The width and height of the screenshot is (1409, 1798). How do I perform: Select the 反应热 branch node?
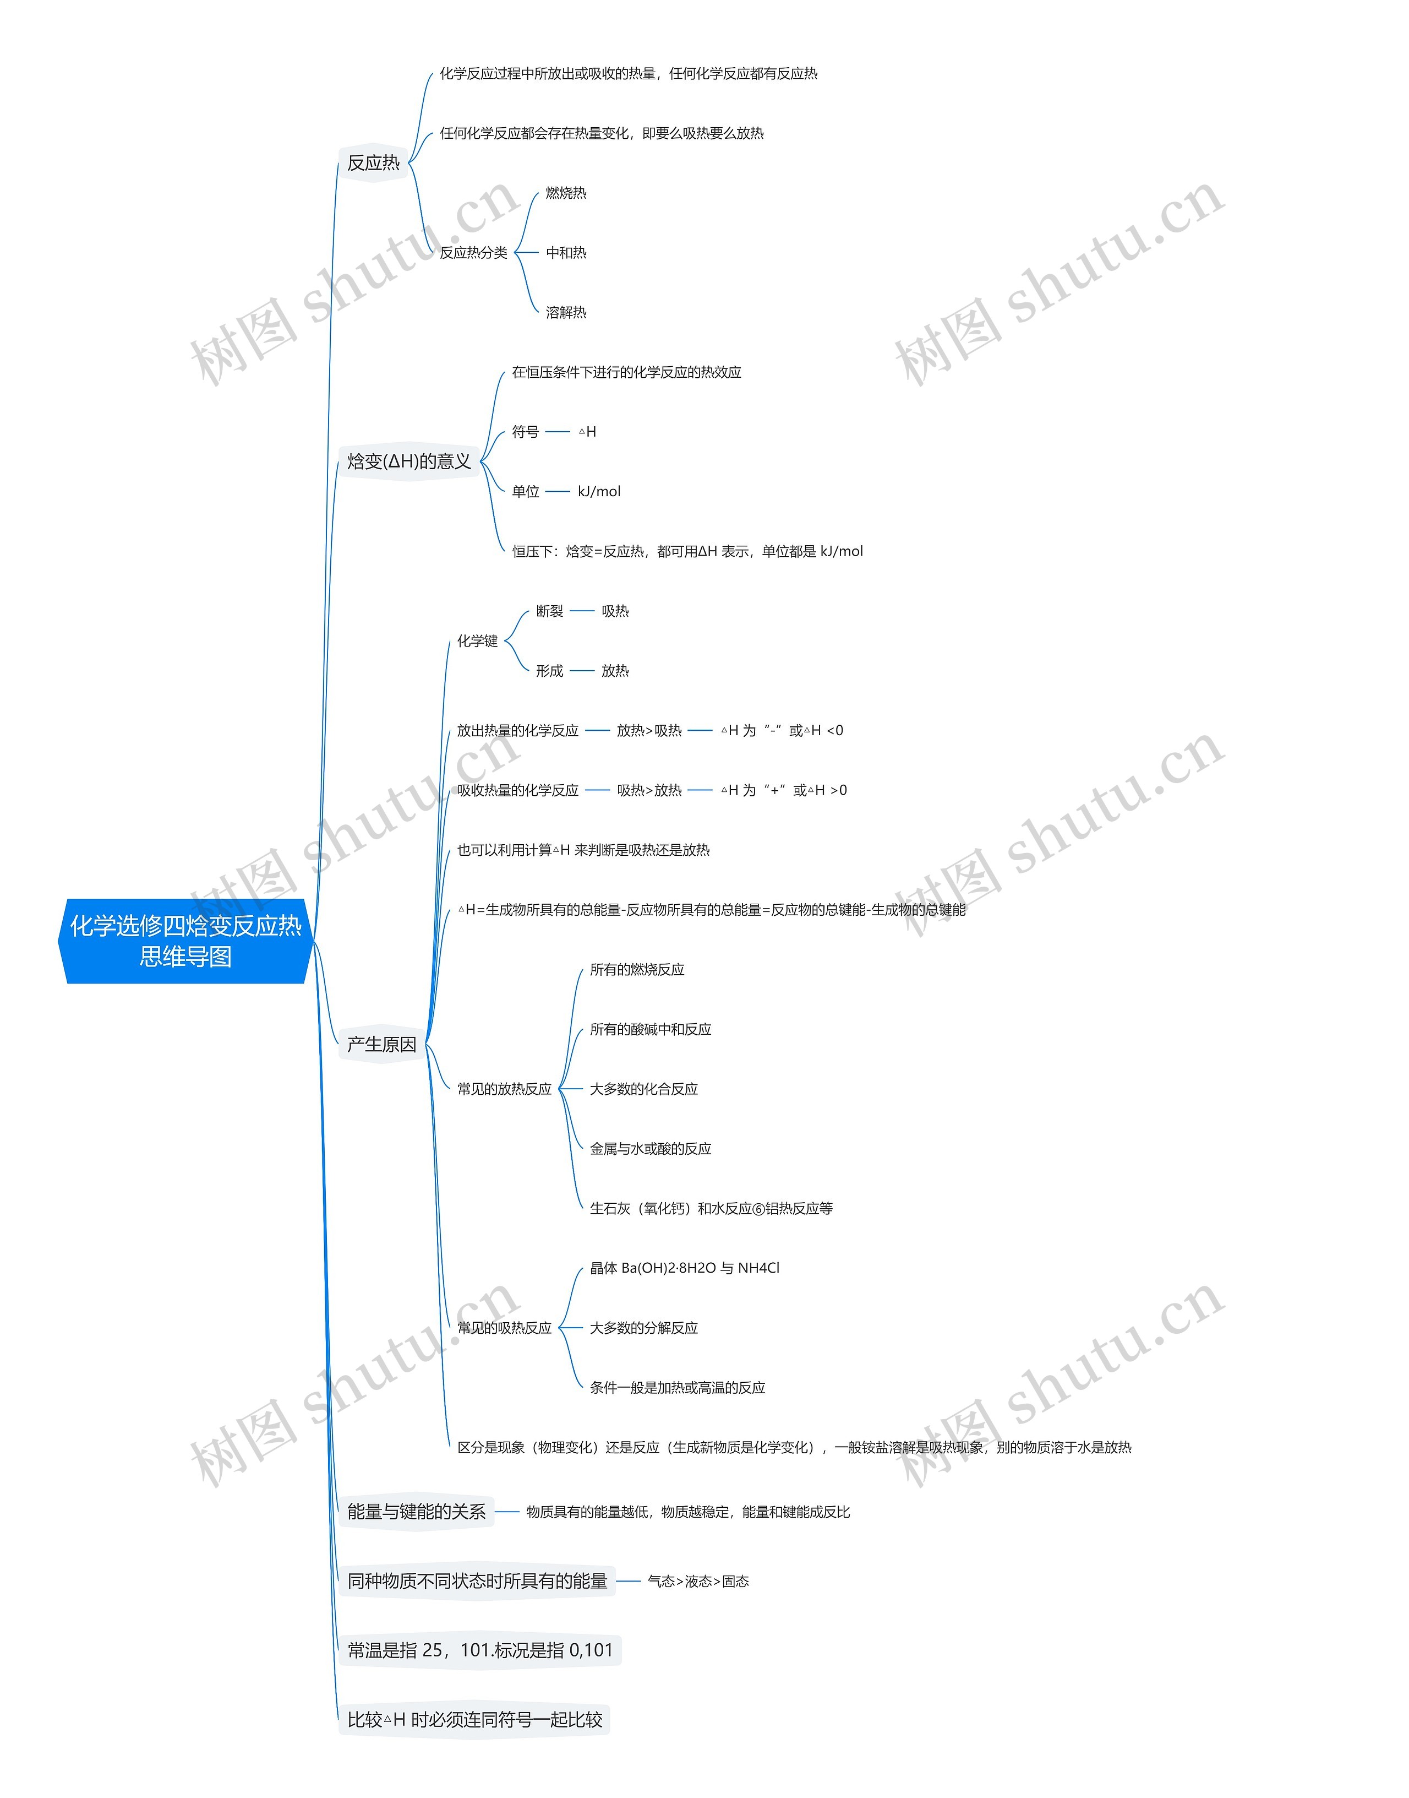coord(373,164)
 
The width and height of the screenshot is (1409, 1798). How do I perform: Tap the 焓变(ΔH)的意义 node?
coord(408,461)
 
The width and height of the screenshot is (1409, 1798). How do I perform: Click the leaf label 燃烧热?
coord(566,193)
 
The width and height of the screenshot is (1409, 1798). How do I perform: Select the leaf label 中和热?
coord(566,253)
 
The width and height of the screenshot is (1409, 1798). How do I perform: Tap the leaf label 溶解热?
coord(566,312)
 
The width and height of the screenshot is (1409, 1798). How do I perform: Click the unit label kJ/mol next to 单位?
coord(599,492)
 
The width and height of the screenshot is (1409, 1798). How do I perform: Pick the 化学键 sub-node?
coord(478,641)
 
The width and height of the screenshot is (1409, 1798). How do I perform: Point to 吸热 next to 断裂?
coord(615,611)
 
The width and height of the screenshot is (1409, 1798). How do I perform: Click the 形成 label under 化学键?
coord(549,671)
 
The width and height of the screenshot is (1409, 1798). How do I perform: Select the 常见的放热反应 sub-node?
coord(504,1089)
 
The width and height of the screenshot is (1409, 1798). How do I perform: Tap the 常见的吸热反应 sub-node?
coord(504,1328)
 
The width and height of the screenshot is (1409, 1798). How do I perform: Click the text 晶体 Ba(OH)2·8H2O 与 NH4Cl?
coord(684,1268)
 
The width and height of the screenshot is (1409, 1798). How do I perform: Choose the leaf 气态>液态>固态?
coord(698,1581)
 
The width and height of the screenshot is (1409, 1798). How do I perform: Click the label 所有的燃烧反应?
coord(637,970)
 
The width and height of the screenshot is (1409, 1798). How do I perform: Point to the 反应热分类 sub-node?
coord(473,253)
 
